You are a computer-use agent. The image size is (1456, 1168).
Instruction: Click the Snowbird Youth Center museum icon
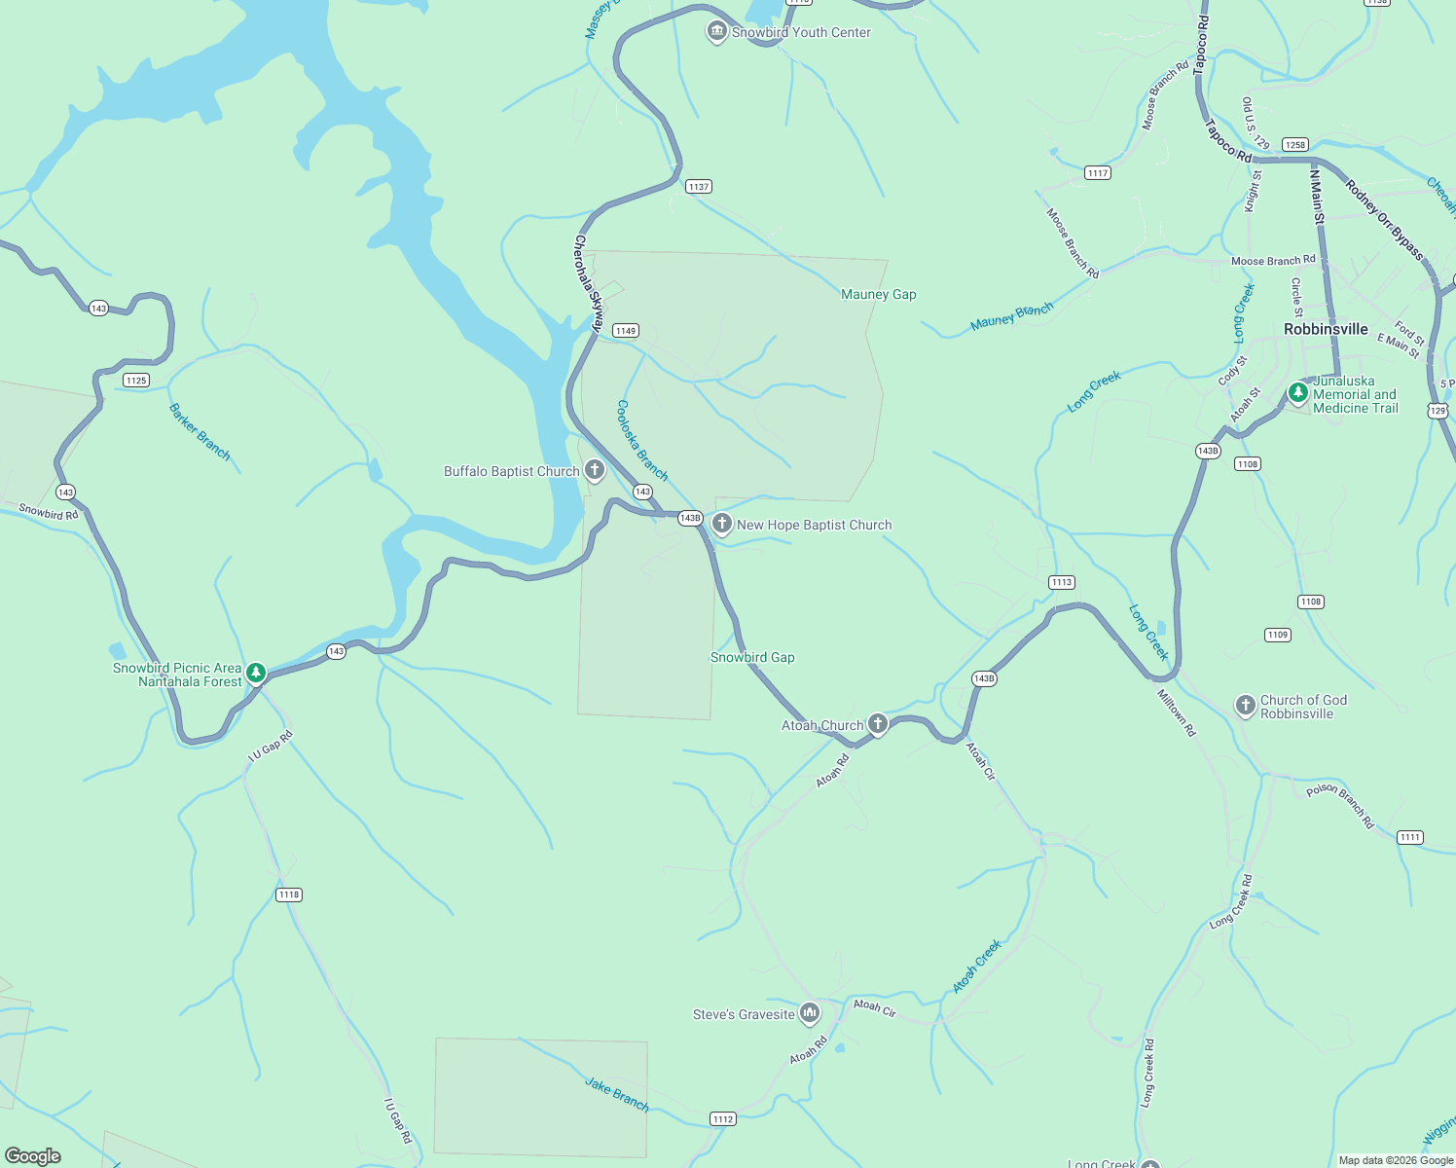717,32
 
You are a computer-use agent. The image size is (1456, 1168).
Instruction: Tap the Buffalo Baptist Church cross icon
595,471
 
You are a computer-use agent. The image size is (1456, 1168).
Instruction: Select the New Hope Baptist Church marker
722,525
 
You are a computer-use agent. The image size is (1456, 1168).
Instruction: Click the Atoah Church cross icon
878,723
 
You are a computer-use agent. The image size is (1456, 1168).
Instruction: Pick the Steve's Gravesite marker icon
810,1014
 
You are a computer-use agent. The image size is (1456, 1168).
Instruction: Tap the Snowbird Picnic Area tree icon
256,673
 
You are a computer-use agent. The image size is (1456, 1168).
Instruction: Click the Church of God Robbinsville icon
1246,706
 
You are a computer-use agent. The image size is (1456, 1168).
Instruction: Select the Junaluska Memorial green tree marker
1297,393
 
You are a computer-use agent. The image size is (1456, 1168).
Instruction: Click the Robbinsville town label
1326,329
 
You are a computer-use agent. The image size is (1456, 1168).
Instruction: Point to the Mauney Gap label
879,294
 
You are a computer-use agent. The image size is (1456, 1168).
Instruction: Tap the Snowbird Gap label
752,657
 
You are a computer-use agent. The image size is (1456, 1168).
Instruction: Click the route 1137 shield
699,186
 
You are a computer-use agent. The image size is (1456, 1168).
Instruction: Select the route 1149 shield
626,331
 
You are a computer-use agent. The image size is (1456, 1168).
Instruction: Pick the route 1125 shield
136,381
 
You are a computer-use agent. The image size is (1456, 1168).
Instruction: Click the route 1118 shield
289,894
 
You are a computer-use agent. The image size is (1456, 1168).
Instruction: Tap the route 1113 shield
1062,582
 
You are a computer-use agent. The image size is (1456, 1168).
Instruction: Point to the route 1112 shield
723,1119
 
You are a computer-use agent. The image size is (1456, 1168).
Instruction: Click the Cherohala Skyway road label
589,283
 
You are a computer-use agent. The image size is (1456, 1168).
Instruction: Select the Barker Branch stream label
200,431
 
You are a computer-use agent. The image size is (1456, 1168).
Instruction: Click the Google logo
33,1156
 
